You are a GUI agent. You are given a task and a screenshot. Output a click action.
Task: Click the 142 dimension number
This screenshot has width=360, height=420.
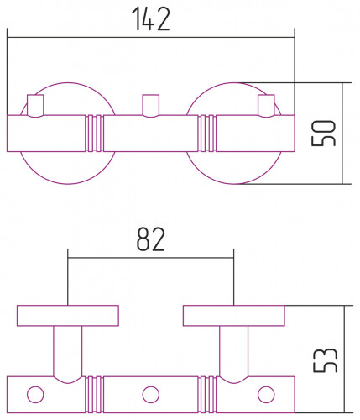point(150,18)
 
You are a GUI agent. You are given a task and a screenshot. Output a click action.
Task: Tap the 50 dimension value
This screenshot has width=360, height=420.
point(323,134)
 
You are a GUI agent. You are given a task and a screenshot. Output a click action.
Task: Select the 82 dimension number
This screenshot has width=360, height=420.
point(151,239)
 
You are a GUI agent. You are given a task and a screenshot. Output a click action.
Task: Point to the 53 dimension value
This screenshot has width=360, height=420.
point(325,360)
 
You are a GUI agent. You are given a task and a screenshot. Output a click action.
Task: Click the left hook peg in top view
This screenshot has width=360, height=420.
point(35,106)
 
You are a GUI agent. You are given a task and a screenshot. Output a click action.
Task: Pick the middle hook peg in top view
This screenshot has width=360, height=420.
point(151,106)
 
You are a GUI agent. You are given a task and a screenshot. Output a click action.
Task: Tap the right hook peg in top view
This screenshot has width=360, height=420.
point(266,106)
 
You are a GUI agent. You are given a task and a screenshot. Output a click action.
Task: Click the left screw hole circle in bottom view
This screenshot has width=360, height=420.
point(35,395)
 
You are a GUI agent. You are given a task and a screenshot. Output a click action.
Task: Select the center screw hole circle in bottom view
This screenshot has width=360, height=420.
point(151,395)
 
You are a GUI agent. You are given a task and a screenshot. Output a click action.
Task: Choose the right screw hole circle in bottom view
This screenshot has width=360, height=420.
point(266,395)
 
